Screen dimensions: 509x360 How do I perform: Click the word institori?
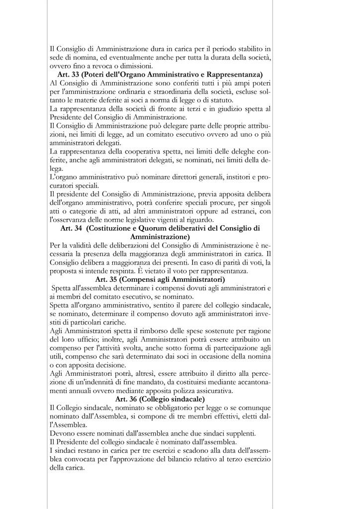point(241,177)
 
